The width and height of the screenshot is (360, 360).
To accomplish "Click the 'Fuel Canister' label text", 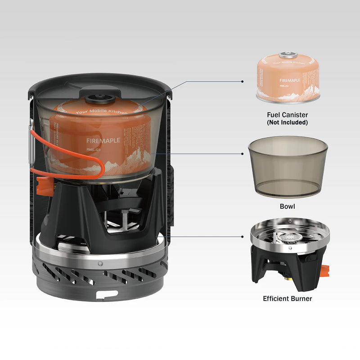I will [287, 114].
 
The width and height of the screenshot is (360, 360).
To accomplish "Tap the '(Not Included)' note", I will [287, 122].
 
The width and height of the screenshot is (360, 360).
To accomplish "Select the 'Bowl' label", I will [287, 206].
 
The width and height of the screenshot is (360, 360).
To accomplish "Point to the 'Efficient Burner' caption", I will [287, 298].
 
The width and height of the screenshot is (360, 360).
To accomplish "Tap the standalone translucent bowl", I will [287, 166].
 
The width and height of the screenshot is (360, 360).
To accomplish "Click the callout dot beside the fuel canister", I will [243, 81].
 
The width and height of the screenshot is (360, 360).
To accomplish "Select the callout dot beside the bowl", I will [243, 154].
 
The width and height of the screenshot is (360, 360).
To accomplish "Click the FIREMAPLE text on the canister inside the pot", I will [103, 140].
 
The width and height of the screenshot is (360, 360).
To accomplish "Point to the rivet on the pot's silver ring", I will [100, 262].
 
